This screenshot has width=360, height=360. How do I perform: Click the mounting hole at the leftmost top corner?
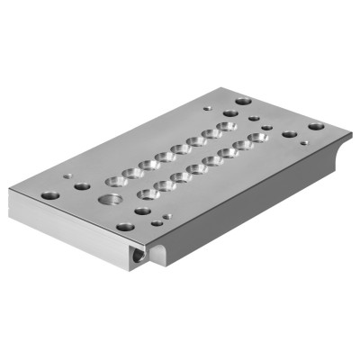click(x=50, y=195)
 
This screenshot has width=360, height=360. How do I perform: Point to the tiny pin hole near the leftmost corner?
click(x=68, y=175)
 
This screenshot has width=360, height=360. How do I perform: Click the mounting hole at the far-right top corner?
click(x=316, y=127)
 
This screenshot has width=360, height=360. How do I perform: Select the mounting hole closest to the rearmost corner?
click(x=242, y=102)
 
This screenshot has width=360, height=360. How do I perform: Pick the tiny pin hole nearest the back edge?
click(x=255, y=118)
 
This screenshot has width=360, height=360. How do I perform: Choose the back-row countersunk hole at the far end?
click(x=228, y=126)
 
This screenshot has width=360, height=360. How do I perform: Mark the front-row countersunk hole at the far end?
click(x=259, y=138)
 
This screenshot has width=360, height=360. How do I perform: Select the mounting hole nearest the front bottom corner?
click(x=125, y=227)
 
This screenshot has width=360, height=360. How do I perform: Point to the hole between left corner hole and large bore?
click(x=82, y=186)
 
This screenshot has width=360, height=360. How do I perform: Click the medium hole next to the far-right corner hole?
click(x=289, y=134)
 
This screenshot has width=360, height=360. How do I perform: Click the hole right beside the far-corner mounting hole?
click(x=230, y=113)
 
